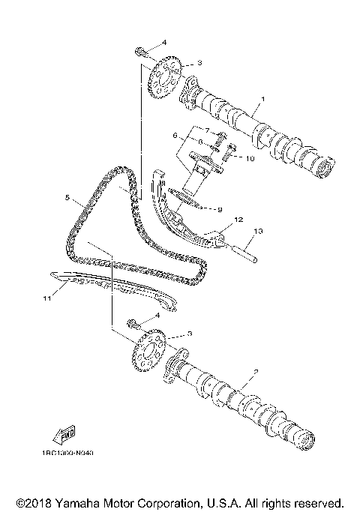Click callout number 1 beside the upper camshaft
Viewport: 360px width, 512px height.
(x=262, y=99)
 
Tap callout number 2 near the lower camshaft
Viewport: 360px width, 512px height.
(x=256, y=372)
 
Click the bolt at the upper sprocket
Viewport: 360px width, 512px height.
(x=141, y=51)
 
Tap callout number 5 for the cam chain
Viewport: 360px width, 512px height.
(x=67, y=199)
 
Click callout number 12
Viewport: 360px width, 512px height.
(x=238, y=220)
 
